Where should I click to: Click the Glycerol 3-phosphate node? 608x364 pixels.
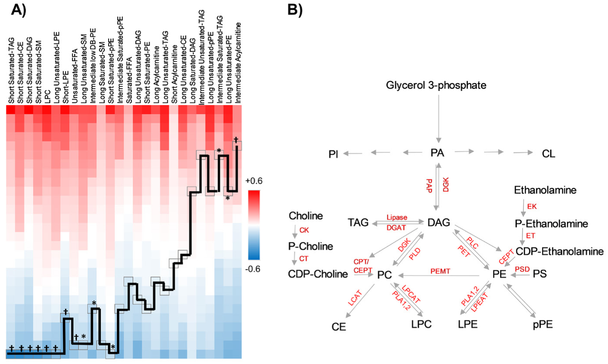point(436,86)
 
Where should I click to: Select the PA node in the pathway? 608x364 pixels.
point(437,153)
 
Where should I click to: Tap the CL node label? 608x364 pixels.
point(548,154)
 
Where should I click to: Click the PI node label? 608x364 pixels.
point(333,154)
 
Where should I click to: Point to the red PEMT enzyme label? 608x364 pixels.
point(440,271)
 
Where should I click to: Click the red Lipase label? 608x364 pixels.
point(397,218)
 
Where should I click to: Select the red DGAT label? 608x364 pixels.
point(396,228)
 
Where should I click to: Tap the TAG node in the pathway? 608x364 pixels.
point(358,223)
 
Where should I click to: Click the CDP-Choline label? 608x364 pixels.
point(318,274)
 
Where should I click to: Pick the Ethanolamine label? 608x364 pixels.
point(545,190)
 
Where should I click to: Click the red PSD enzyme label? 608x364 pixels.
point(522,269)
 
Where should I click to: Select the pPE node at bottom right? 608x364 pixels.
point(543,325)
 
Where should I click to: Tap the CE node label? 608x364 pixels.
point(338,327)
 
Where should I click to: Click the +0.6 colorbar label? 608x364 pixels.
point(253,181)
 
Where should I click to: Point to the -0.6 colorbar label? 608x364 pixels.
point(253,269)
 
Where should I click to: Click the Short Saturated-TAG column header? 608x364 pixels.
point(11,71)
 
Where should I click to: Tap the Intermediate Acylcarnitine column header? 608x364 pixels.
point(238,63)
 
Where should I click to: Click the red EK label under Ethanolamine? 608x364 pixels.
point(531,207)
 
